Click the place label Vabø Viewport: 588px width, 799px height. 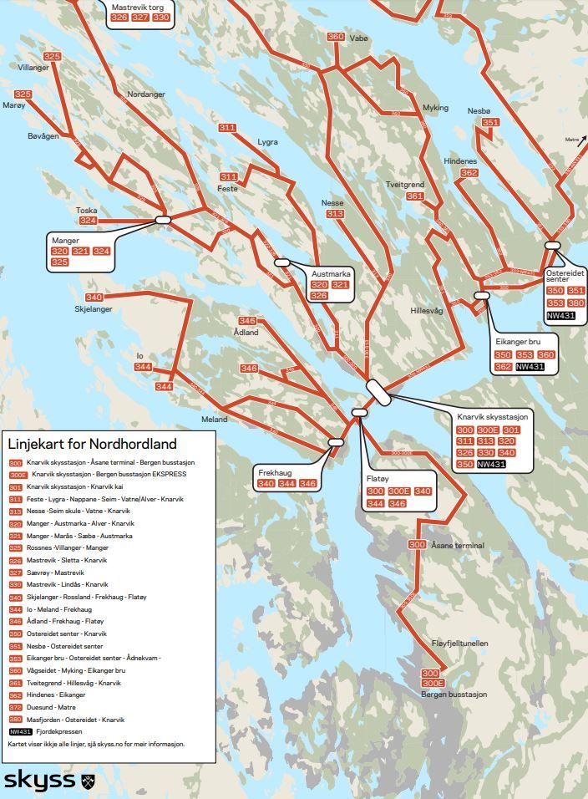tap(358, 38)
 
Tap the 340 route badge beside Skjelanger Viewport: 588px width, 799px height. tap(94, 298)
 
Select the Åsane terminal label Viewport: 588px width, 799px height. tap(458, 545)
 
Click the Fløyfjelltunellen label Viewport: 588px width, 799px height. tap(459, 643)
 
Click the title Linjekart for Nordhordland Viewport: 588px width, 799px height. tap(92, 443)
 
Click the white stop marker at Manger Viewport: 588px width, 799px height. tap(163, 220)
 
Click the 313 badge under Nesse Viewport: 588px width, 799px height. tap(335, 214)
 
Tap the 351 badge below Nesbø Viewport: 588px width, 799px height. tap(490, 123)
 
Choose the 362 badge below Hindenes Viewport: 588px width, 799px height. tap(469, 173)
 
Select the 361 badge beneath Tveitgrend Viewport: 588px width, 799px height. tap(415, 196)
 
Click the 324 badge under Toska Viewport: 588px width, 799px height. tap(89, 221)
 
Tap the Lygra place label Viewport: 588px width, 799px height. tap(267, 142)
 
